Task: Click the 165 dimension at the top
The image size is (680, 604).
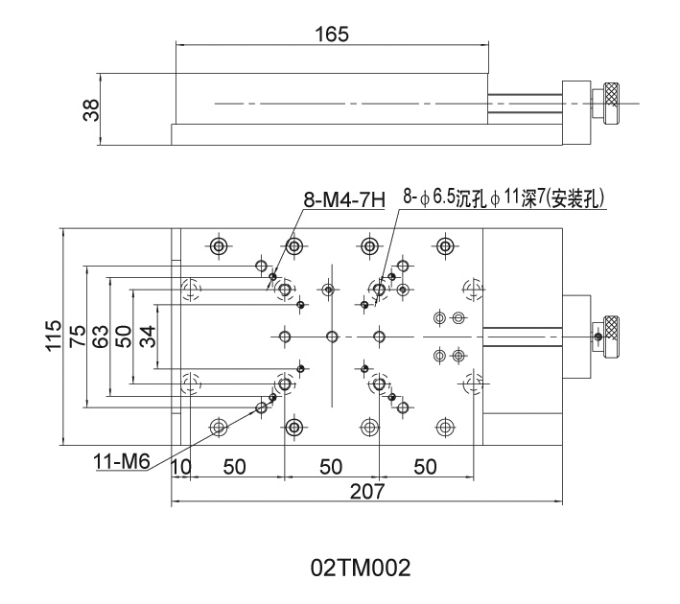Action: pyautogui.click(x=332, y=35)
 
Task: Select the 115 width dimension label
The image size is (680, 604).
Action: pyautogui.click(x=54, y=337)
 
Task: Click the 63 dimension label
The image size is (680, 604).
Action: pyautogui.click(x=101, y=337)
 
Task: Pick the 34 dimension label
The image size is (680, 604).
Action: pyautogui.click(x=145, y=337)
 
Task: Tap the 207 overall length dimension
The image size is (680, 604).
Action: pyautogui.click(x=366, y=491)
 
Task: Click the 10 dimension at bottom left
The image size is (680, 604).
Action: pyautogui.click(x=180, y=467)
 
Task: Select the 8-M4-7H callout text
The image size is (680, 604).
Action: pyautogui.click(x=343, y=200)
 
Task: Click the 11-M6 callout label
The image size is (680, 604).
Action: pyautogui.click(x=122, y=461)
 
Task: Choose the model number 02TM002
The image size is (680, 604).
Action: pyautogui.click(x=361, y=568)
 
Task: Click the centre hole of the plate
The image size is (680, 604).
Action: pyautogui.click(x=332, y=337)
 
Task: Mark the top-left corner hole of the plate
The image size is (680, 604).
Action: pyautogui.click(x=220, y=246)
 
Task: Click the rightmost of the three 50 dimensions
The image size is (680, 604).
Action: pyautogui.click(x=425, y=467)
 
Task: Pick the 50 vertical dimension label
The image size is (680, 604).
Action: pyautogui.click(x=123, y=337)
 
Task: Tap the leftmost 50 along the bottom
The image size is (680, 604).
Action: pyautogui.click(x=233, y=467)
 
